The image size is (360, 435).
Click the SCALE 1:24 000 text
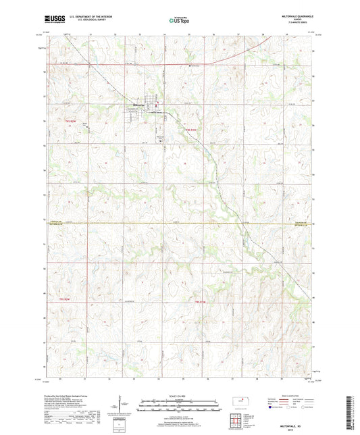180,395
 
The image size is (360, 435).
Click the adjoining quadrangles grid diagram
238,419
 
